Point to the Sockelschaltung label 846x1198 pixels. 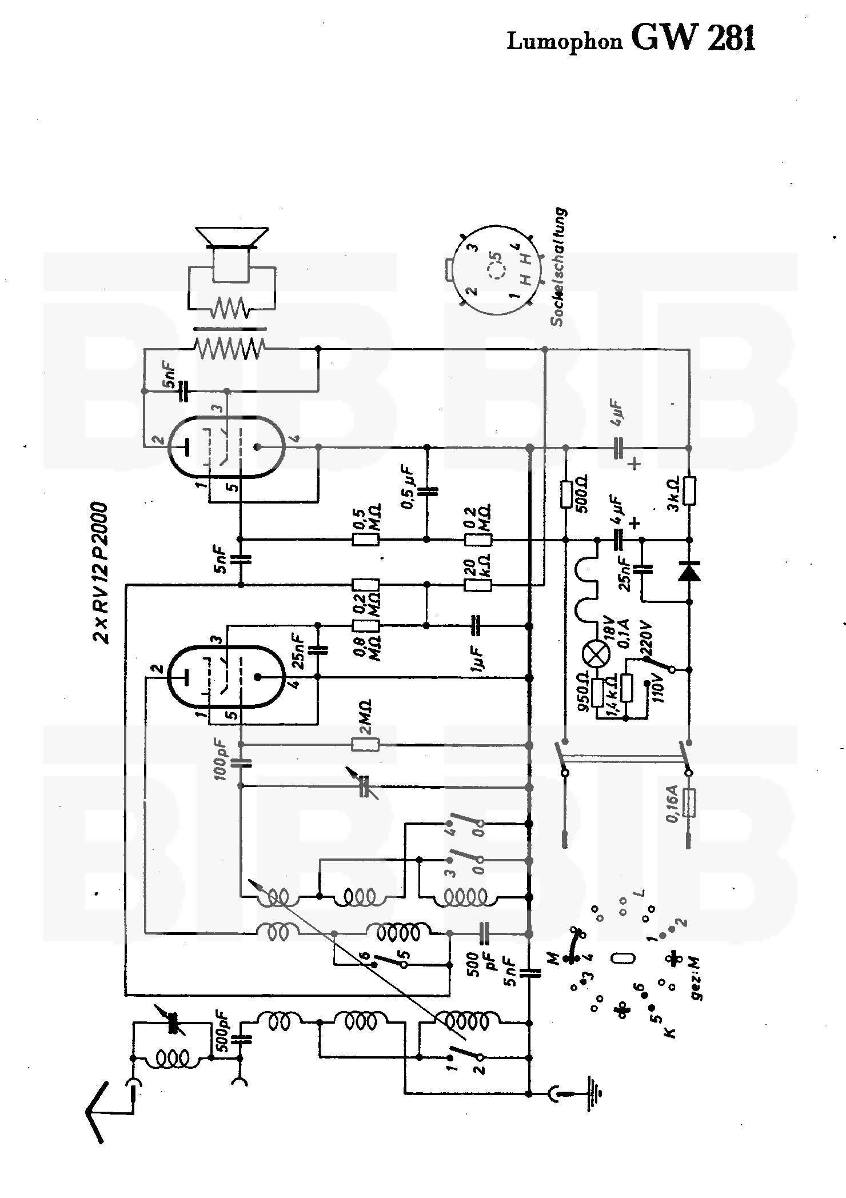point(559,267)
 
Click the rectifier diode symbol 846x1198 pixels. point(689,571)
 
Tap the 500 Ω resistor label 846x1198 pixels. point(582,494)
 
